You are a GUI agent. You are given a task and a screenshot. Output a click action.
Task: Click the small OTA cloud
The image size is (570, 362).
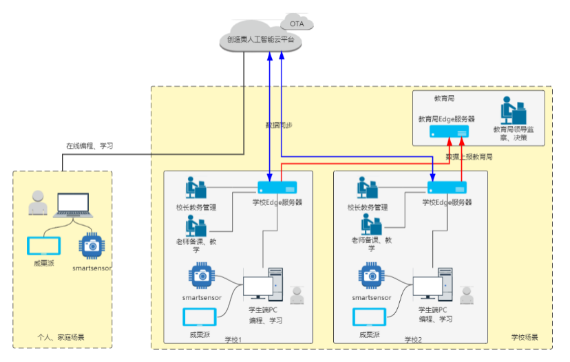(x=297, y=23)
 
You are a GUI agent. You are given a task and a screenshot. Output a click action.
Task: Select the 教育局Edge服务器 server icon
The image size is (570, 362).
(x=450, y=131)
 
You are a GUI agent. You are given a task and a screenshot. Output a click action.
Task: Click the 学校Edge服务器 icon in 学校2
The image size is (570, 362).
(x=447, y=187)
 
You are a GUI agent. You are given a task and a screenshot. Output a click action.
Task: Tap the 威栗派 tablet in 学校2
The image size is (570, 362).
(x=370, y=317)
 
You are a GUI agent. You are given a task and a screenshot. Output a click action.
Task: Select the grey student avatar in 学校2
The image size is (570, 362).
(x=467, y=296)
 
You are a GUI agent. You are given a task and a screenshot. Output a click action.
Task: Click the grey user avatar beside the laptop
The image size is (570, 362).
(x=38, y=204)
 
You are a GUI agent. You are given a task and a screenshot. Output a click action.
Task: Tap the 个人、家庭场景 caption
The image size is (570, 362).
(x=65, y=338)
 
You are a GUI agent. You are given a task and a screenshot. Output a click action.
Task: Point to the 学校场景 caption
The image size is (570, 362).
(x=525, y=338)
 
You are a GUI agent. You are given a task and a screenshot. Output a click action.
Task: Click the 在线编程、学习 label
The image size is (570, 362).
(x=89, y=146)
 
